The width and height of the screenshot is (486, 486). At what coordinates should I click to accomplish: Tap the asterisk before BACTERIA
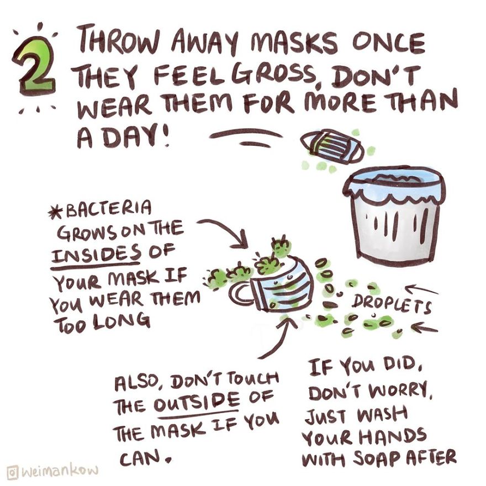[x=57, y=212]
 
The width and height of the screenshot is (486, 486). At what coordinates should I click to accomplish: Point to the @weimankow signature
[x=52, y=471]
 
